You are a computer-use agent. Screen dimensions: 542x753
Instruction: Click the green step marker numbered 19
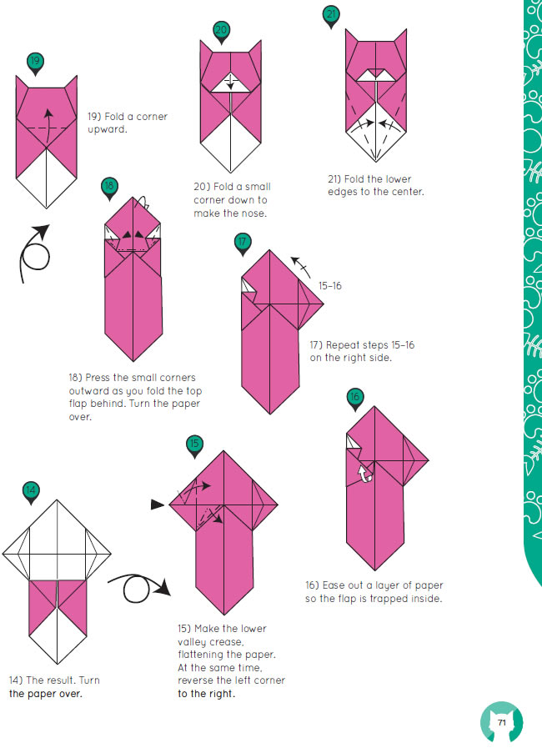pyautogui.click(x=35, y=63)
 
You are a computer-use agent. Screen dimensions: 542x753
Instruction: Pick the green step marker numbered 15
pyautogui.click(x=194, y=444)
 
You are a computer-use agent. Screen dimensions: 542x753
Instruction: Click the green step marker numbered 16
pyautogui.click(x=354, y=398)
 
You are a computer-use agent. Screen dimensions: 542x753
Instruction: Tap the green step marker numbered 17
pyautogui.click(x=243, y=243)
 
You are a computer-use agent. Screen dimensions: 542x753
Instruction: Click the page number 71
pyautogui.click(x=502, y=722)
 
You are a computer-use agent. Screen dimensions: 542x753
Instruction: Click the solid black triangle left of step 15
pyautogui.click(x=158, y=505)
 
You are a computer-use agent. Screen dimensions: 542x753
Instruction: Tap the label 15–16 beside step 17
pyautogui.click(x=330, y=286)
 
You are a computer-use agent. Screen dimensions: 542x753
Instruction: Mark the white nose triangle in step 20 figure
pyautogui.click(x=230, y=83)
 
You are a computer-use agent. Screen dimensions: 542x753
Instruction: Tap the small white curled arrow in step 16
pyautogui.click(x=365, y=474)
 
